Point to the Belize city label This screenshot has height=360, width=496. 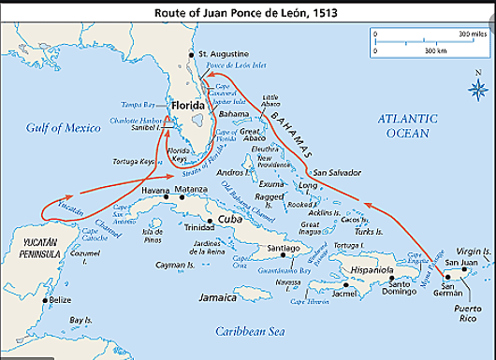pos(59,300)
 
